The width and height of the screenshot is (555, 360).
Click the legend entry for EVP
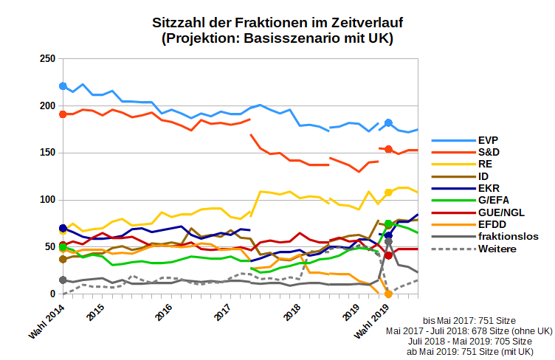click(486, 139)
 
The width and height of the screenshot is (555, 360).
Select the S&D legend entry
click(486, 151)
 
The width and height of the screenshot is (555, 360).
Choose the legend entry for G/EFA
click(493, 200)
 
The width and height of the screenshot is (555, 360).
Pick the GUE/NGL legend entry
click(500, 212)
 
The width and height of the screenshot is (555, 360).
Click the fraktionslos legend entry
click(509, 237)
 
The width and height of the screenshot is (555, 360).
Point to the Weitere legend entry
click(497, 249)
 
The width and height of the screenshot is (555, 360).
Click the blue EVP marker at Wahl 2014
click(63, 86)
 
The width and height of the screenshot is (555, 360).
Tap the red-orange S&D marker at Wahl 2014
click(63, 114)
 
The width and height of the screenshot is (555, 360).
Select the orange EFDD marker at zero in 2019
click(388, 294)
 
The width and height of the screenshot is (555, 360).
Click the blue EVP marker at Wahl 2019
click(388, 123)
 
